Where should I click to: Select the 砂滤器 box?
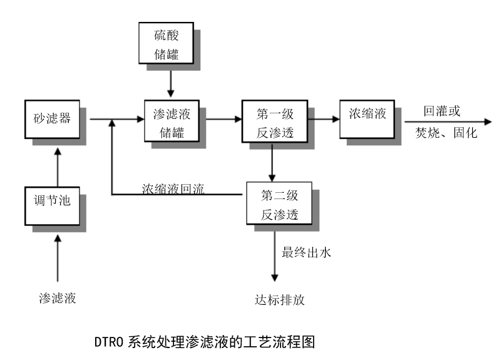(52, 118)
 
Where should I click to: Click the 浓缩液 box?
(367, 115)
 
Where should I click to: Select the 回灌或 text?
(441, 111)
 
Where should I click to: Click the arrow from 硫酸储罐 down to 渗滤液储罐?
(170, 81)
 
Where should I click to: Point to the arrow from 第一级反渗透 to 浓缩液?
(322, 118)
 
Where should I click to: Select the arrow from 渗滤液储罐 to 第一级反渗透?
(223, 118)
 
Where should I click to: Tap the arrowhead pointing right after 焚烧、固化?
(488, 121)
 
